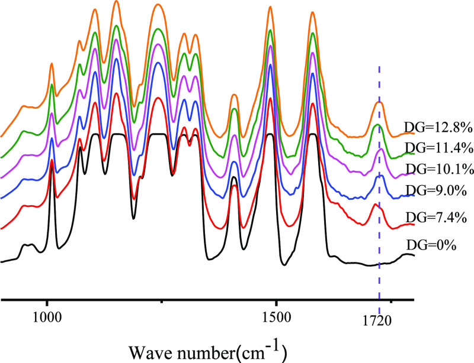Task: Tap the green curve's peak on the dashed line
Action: pos(378,125)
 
